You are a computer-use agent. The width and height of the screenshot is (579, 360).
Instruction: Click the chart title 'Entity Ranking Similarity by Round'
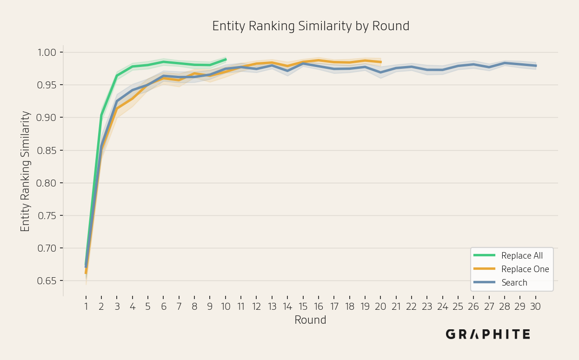311,26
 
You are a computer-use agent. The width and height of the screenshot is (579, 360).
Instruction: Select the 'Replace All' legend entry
508,255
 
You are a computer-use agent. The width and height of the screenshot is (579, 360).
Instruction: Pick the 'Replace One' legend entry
511,269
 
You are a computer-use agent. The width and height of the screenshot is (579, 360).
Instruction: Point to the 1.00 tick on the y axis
47,53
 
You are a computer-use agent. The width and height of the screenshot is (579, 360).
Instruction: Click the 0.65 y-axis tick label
47,280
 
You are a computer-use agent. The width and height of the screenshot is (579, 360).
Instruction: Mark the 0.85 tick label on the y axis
47,150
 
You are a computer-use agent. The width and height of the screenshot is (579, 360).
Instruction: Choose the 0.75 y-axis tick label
47,215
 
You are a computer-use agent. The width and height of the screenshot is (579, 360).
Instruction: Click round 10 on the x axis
226,307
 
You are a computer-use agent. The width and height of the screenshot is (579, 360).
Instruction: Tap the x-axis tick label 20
380,307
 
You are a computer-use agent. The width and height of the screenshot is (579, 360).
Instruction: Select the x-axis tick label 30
535,307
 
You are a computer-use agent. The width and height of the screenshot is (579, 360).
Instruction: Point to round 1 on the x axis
86,307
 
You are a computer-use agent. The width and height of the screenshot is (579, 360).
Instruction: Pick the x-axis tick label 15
303,307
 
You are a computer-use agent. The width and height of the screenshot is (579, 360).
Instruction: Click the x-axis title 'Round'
311,320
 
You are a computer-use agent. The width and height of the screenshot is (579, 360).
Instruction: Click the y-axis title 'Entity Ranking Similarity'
25,171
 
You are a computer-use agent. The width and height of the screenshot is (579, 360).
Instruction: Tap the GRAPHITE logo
488,334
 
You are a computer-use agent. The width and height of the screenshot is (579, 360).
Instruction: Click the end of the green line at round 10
226,60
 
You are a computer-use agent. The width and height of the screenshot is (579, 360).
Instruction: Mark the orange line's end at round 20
381,62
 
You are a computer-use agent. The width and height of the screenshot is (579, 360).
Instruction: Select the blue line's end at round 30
536,66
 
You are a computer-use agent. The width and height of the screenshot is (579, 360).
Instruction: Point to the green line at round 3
117,76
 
